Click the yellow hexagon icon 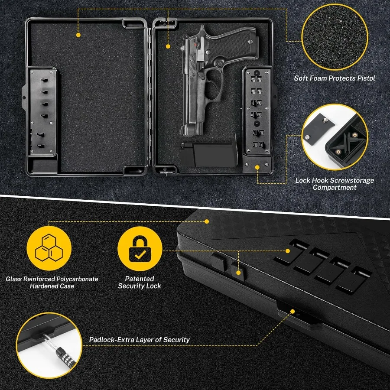pyautogui.click(x=49, y=248)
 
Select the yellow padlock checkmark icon pyautogui.click(x=140, y=248)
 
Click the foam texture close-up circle pyautogui.click(x=335, y=37)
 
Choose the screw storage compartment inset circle pyautogui.click(x=335, y=137)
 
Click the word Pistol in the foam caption pyautogui.click(x=366, y=78)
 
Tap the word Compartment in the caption pyautogui.click(x=335, y=188)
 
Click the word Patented pyautogui.click(x=140, y=279)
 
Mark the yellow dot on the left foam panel pyautogui.click(x=78, y=35)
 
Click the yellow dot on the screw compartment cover pyautogui.click(x=257, y=167)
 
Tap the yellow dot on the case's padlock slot pyautogui.click(x=292, y=312)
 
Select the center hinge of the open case pyautogui.click(x=149, y=97)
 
